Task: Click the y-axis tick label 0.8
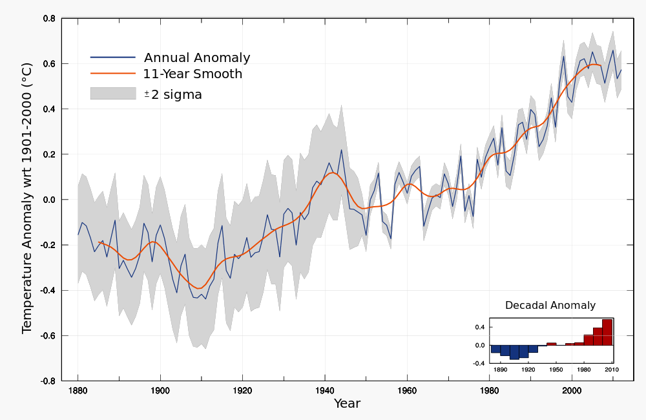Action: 49,19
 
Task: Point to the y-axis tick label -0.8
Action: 48,381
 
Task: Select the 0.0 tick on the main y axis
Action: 49,200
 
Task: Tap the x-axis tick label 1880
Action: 78,391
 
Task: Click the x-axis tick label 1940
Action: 324,391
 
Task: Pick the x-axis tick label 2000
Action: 571,391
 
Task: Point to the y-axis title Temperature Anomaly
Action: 26,197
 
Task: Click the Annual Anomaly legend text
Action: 196,58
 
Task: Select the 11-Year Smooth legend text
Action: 193,74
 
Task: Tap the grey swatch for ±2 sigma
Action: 112,94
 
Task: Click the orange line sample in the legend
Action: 112,74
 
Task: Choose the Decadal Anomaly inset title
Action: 550,306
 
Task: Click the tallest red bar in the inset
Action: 607,332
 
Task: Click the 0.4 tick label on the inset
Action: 480,328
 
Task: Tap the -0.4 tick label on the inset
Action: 479,364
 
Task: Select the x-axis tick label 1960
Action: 406,391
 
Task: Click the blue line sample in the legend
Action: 112,58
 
